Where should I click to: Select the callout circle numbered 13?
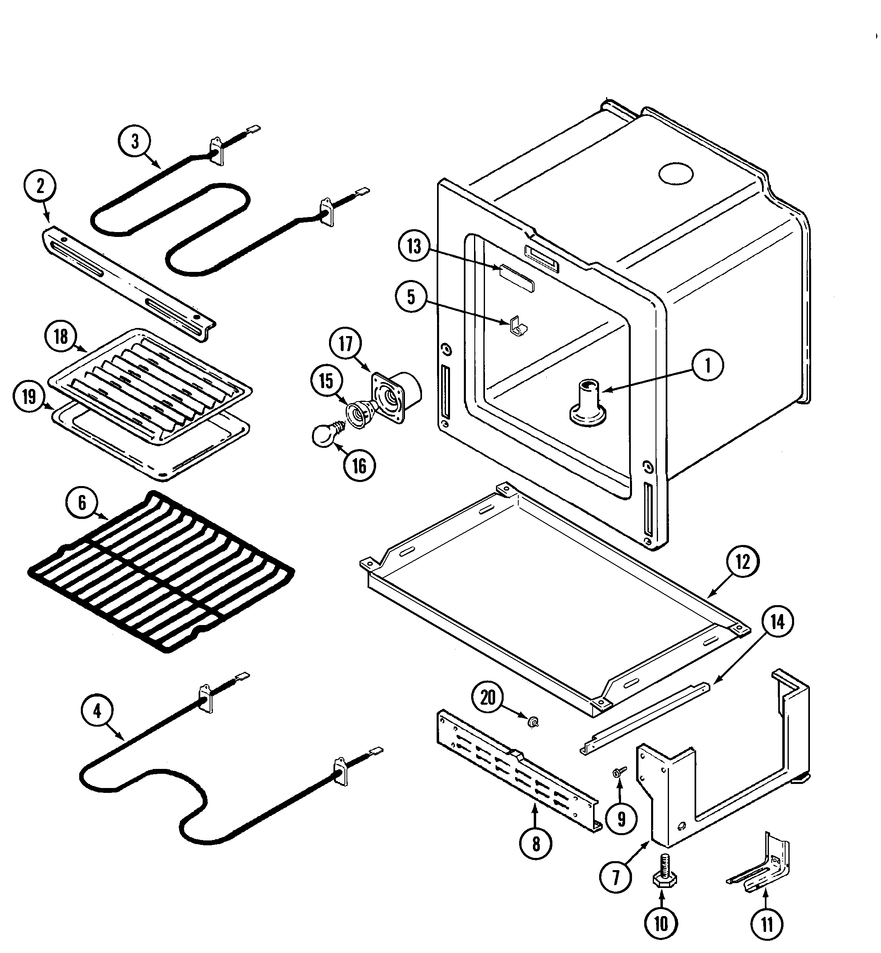tap(414, 247)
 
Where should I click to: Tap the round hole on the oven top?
tap(675, 174)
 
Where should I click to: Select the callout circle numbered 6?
tap(82, 503)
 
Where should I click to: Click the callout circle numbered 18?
tap(61, 337)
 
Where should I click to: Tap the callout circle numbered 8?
tap(536, 844)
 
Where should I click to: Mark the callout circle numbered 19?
tap(30, 396)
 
